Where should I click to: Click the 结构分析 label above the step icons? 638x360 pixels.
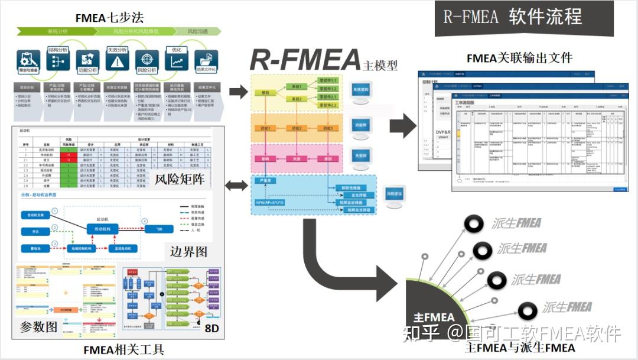point(58,50)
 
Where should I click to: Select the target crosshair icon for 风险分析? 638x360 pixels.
point(147,61)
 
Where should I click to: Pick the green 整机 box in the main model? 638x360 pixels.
point(265,93)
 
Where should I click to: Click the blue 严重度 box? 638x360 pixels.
point(265,181)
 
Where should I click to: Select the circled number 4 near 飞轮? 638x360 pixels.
point(144,222)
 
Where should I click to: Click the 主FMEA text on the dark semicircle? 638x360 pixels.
point(434,317)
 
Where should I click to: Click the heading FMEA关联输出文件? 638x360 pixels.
point(519,58)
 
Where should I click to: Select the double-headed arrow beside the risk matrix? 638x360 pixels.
point(237,186)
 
